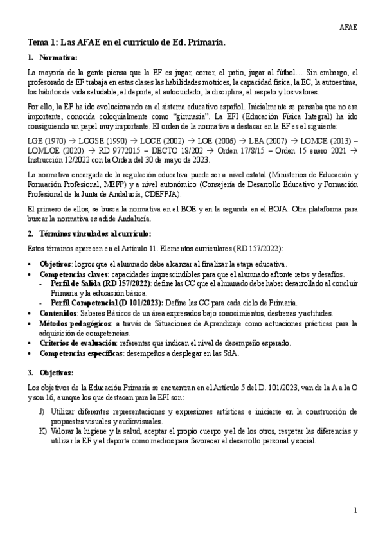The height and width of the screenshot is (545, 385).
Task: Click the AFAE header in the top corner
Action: [348, 27]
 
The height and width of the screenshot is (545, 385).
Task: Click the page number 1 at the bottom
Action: [354, 510]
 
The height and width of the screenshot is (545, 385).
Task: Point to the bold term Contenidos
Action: [58, 312]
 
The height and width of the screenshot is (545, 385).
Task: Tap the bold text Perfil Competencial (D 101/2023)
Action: [109, 302]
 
